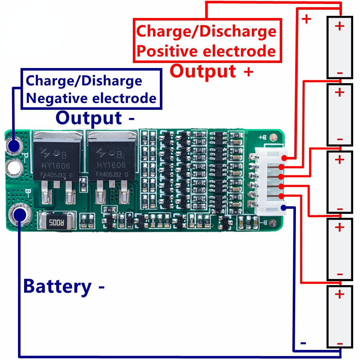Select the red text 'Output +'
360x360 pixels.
click(211, 71)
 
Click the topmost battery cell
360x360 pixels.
click(339, 47)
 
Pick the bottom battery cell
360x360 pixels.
click(339, 317)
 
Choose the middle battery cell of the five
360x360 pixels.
click(339, 182)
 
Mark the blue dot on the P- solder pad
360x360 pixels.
click(14, 146)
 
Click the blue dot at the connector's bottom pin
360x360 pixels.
click(284, 207)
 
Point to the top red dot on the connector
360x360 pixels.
click(284, 158)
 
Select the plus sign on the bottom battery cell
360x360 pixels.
click(339, 294)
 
